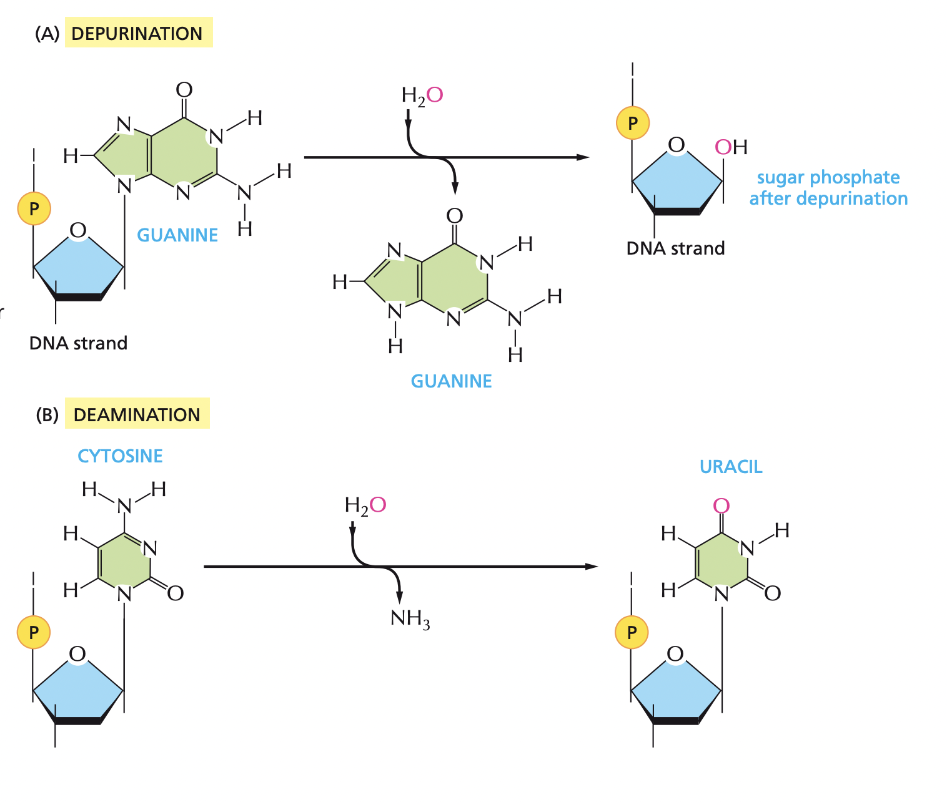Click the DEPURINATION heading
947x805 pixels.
[x=137, y=33]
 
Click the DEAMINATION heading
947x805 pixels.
[x=137, y=414]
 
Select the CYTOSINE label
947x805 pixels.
[x=120, y=456]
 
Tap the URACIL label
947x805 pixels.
[x=731, y=467]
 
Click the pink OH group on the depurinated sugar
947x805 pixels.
[x=730, y=147]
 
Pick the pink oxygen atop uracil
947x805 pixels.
[x=721, y=505]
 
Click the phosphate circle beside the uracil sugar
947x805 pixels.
[x=632, y=632]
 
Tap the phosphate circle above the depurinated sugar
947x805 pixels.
[x=633, y=123]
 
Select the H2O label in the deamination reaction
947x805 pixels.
[x=365, y=505]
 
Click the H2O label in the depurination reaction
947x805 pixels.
[x=422, y=95]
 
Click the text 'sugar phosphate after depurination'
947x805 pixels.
[x=828, y=188]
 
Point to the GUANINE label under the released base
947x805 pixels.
[x=451, y=381]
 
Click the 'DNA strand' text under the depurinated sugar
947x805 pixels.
[x=675, y=248]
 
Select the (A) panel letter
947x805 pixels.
[x=47, y=34]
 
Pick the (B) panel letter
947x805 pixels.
[x=47, y=415]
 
